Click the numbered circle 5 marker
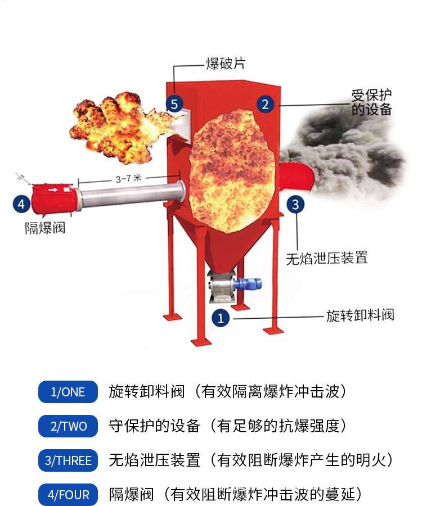(x=174, y=104)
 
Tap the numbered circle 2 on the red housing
(x=265, y=104)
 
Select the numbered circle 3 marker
(x=295, y=205)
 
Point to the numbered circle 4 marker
(x=21, y=204)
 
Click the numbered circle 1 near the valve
(x=221, y=318)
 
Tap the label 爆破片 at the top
(x=226, y=64)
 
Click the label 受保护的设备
(x=371, y=102)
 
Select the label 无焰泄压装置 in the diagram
(x=327, y=258)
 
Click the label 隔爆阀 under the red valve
(x=45, y=228)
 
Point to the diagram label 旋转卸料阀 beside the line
(x=360, y=315)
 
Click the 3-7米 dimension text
(x=128, y=178)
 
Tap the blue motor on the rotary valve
(x=247, y=284)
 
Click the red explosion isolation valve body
(x=54, y=198)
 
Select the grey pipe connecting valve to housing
(x=132, y=195)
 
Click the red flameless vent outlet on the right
(x=296, y=178)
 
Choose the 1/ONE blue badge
(x=68, y=392)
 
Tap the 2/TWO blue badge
(x=68, y=426)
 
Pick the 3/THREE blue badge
(x=68, y=460)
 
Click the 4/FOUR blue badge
(x=68, y=494)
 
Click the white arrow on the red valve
(x=53, y=190)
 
